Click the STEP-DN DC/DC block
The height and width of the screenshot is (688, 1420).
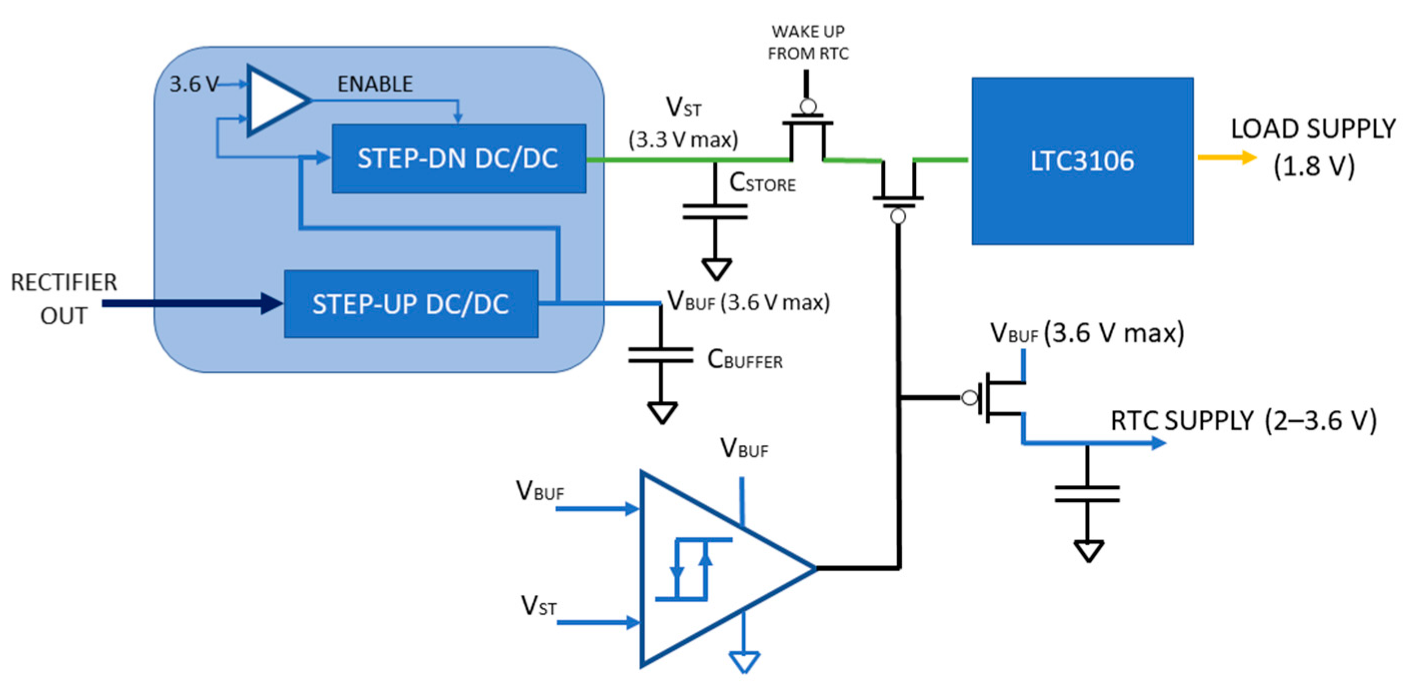[x=459, y=159]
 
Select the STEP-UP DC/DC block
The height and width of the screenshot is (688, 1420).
[x=411, y=304]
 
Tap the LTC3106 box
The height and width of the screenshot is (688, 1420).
[x=1082, y=161]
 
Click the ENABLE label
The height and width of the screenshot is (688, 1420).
[x=375, y=84]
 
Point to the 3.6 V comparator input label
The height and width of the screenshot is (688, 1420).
[x=193, y=84]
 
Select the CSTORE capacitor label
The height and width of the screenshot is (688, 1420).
[x=762, y=182]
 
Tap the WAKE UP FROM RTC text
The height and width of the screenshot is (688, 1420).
[x=808, y=42]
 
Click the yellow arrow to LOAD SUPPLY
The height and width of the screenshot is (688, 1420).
[x=1226, y=158]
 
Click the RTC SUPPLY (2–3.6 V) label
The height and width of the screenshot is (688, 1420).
[x=1243, y=421]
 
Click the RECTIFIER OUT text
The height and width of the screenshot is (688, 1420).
[x=64, y=299]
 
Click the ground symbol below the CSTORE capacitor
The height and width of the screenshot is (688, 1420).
[x=716, y=269]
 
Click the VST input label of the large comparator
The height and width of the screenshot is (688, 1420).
[x=539, y=605]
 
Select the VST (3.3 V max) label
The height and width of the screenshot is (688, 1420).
[x=684, y=123]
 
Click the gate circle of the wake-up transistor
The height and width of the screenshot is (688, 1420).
[x=808, y=106]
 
